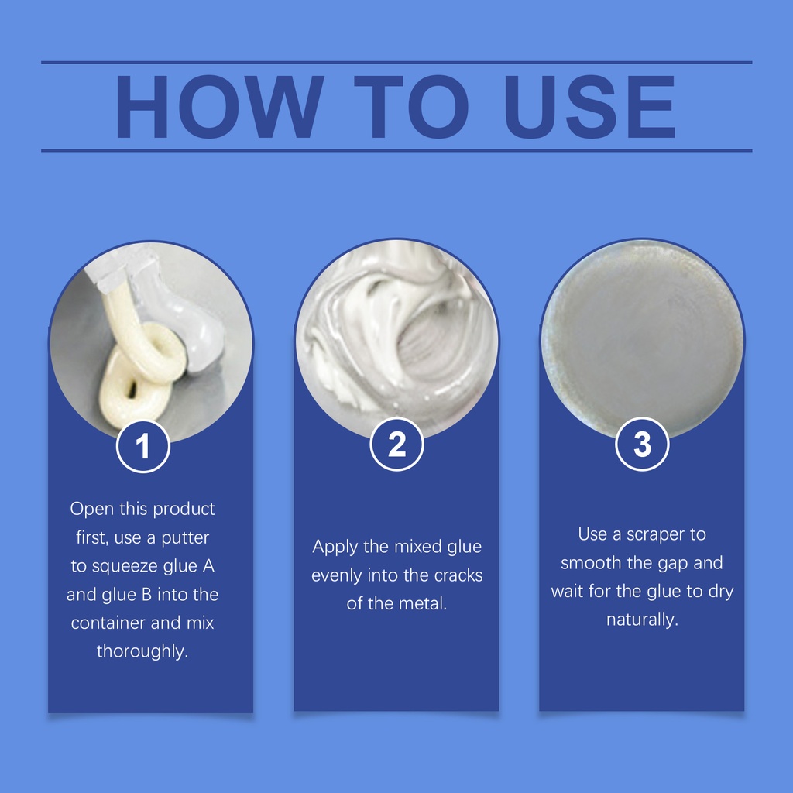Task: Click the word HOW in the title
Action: tap(219, 107)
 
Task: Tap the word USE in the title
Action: tap(589, 107)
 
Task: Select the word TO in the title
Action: tap(410, 107)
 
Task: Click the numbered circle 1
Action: tap(143, 447)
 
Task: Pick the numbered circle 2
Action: tap(397, 445)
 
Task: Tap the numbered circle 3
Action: tap(642, 444)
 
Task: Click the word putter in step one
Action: tap(185, 538)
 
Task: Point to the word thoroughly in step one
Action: tap(142, 651)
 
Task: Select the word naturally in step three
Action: tap(642, 620)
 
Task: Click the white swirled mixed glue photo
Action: tap(397, 340)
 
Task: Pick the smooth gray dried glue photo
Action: tap(642, 340)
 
